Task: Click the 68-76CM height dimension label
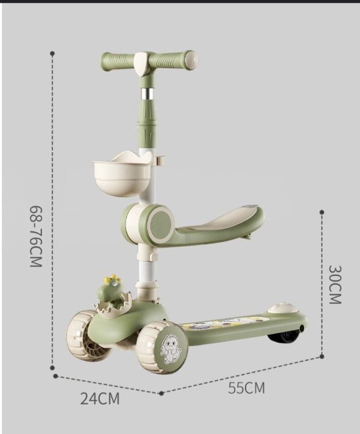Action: (36, 236)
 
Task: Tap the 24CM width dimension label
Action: (100, 399)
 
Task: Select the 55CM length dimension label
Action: (246, 387)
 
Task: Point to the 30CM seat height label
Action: (335, 285)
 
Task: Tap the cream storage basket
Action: (121, 173)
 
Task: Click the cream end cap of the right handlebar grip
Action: (191, 60)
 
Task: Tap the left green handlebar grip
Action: (118, 61)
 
